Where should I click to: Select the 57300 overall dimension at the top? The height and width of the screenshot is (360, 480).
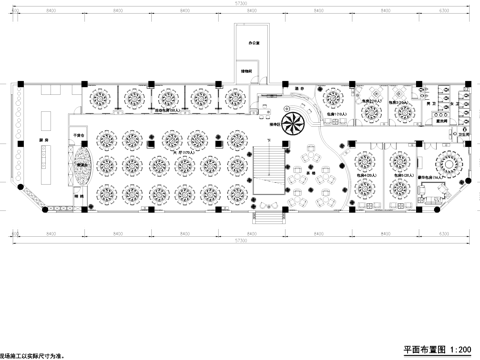click(240, 5)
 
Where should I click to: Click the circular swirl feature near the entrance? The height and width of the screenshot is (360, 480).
click(293, 123)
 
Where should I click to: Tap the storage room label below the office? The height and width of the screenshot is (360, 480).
click(246, 71)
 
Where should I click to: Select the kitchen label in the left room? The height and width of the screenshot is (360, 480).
click(43, 142)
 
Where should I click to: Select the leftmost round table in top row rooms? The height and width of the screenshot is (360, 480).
click(102, 98)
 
